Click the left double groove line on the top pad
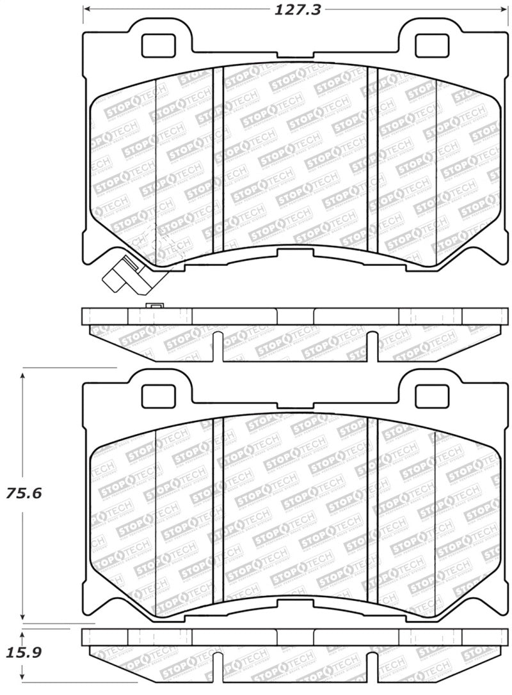click(x=218, y=160)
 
